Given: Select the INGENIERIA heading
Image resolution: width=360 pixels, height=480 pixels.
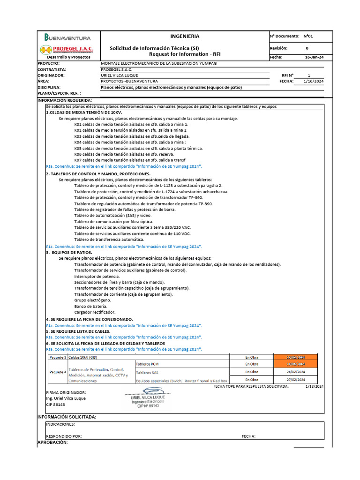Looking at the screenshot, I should (184, 36).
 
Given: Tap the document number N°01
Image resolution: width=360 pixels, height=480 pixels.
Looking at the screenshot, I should (308, 36).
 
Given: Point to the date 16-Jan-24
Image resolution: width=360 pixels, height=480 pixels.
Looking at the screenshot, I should (314, 57).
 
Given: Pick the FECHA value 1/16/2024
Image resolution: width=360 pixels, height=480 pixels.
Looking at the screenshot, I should (314, 81).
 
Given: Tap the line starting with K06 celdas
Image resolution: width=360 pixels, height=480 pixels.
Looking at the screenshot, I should (124, 154).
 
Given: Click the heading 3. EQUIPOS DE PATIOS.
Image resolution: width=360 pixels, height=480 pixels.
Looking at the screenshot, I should (69, 252).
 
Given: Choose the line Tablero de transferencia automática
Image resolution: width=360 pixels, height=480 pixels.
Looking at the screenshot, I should (105, 240).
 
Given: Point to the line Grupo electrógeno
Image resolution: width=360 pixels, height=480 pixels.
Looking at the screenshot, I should (92, 300).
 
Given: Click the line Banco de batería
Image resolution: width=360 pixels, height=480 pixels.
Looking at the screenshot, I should (91, 306).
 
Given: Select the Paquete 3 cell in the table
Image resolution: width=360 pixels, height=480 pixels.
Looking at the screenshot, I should (57, 357).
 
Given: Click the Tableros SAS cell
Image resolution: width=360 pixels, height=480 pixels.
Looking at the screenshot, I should (148, 372).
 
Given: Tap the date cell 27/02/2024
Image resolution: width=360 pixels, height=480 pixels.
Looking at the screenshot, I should (296, 380).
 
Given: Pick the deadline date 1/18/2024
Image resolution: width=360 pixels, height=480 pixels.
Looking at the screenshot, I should (314, 386).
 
